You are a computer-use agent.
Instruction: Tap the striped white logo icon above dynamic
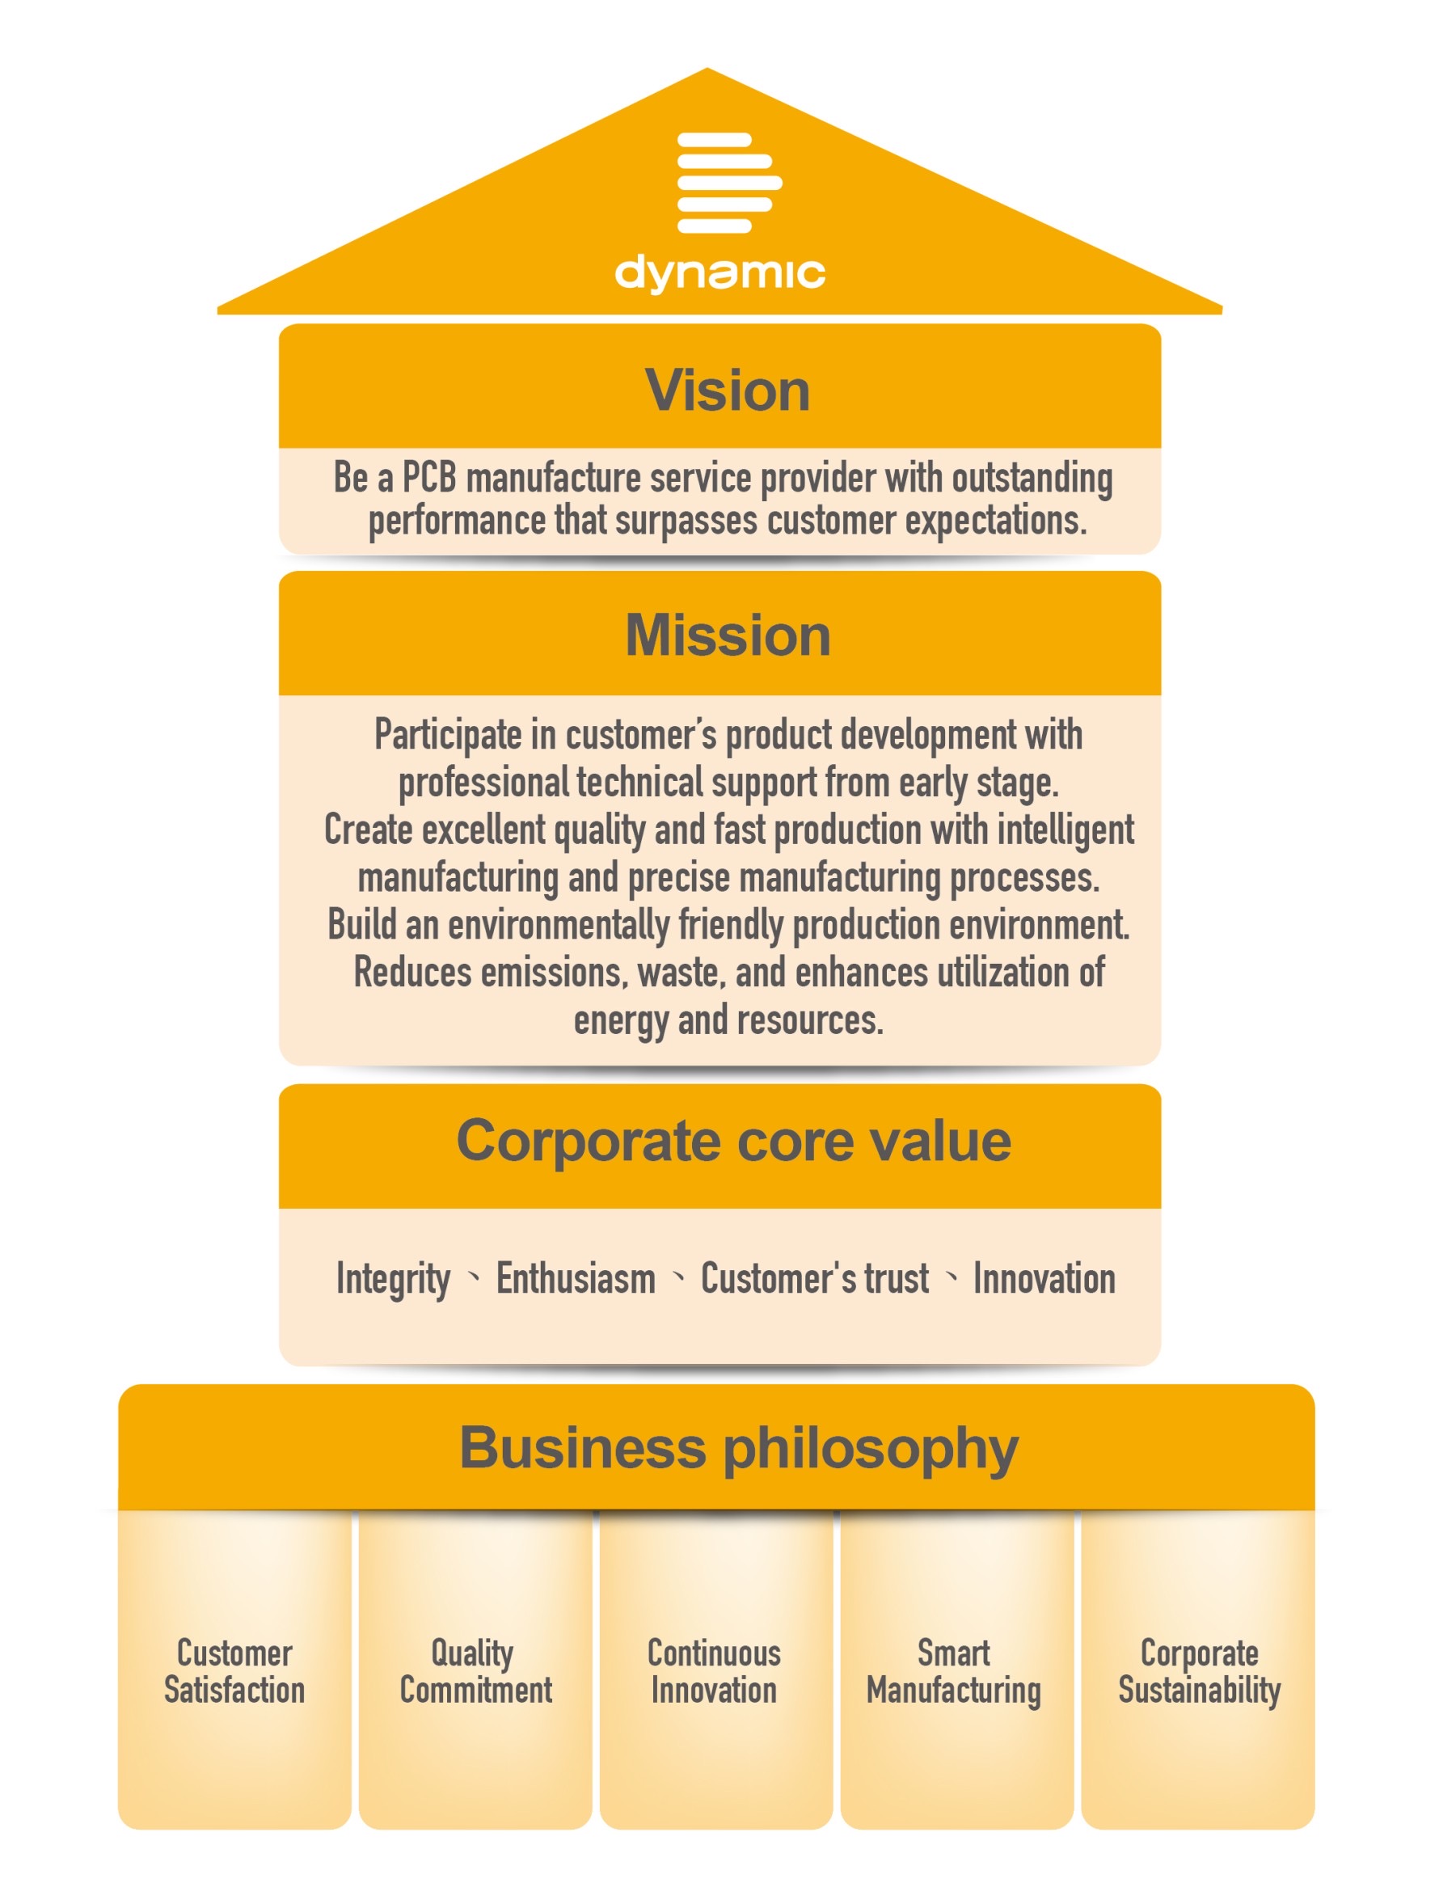coord(729,183)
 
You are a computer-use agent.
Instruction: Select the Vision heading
coord(728,390)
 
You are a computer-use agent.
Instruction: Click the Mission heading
coord(728,636)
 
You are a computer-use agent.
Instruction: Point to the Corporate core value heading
coord(733,1142)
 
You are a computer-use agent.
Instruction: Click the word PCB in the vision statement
coord(429,478)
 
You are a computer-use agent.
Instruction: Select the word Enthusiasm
coord(576,1278)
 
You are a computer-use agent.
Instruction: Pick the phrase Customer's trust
coord(815,1278)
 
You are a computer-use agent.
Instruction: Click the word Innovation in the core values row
coord(1044,1278)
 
